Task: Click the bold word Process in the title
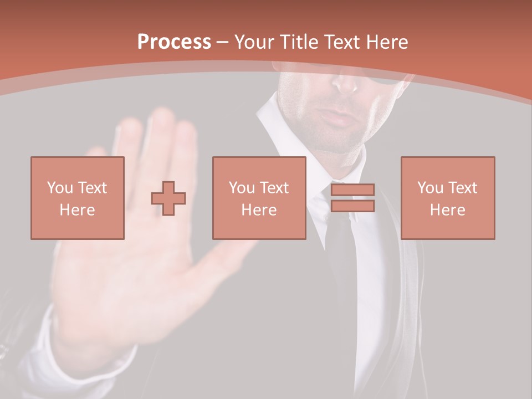tap(174, 42)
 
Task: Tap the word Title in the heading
tap(298, 42)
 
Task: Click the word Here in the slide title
tap(386, 42)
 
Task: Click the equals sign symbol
tap(352, 198)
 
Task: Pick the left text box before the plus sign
tap(78, 198)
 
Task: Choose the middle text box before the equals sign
tap(259, 198)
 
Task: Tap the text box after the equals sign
tap(447, 198)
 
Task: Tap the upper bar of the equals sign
tap(352, 190)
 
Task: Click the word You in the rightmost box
tap(430, 188)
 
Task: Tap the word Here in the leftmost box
tap(78, 209)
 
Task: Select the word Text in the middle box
tap(274, 188)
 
